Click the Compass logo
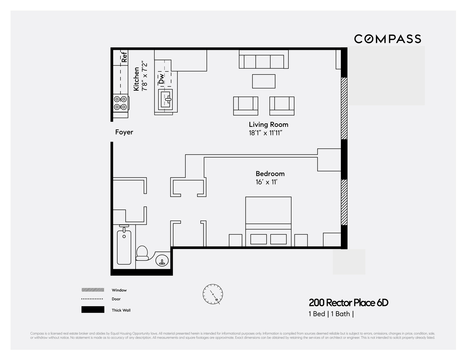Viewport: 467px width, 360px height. click(x=387, y=39)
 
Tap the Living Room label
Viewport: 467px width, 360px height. click(x=269, y=125)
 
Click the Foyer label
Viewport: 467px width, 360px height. click(x=124, y=132)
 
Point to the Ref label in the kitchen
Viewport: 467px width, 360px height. click(x=125, y=57)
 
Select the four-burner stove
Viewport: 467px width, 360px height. click(x=121, y=103)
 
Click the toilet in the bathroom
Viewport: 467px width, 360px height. click(x=142, y=253)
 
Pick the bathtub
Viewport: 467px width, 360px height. click(x=124, y=247)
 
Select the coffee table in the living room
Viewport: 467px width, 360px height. click(x=263, y=81)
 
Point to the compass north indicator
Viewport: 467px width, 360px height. click(x=213, y=295)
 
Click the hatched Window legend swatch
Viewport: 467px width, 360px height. click(x=93, y=290)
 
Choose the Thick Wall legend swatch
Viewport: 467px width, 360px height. click(x=93, y=310)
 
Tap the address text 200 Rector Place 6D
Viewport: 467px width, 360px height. click(x=349, y=303)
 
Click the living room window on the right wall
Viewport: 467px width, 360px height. click(x=344, y=108)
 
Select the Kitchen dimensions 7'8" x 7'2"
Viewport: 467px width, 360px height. click(x=144, y=76)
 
